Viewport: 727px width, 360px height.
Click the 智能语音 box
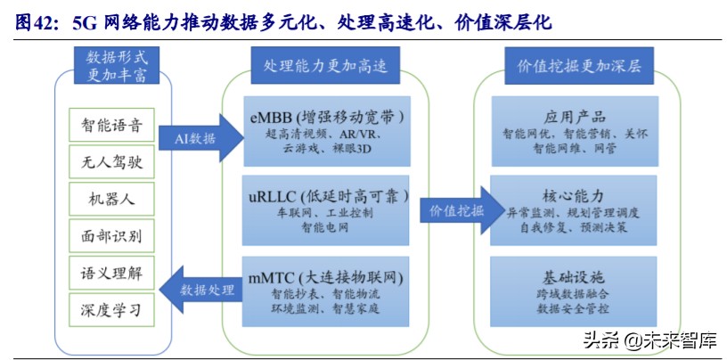point(106,126)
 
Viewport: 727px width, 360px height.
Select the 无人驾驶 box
point(106,162)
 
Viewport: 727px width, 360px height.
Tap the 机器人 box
point(106,199)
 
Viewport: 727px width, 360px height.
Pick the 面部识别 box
point(106,236)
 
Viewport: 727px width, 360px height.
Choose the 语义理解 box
point(106,273)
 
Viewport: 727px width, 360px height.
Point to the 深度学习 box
point(106,309)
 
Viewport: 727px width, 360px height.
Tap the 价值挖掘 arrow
point(454,211)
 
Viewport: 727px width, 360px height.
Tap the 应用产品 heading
point(575,117)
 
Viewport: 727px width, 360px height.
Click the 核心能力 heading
point(575,195)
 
